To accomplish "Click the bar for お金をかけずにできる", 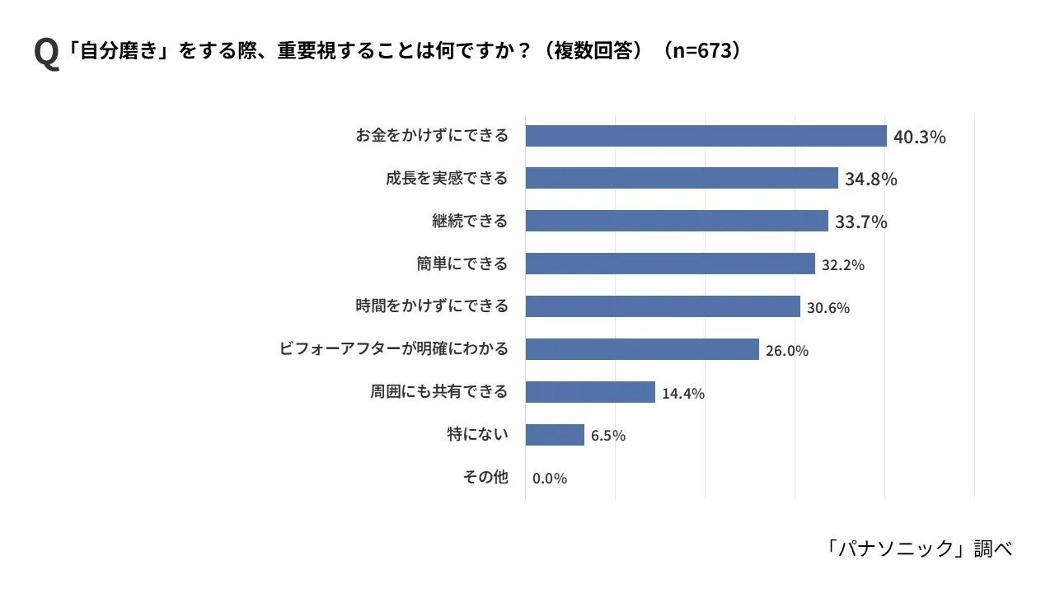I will (706, 136).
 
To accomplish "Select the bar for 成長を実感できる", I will (682, 178).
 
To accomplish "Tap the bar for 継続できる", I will (677, 221).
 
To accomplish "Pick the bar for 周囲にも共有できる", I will (590, 391).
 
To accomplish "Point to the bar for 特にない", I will (555, 434).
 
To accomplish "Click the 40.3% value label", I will (919, 137).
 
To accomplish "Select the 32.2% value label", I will (842, 265).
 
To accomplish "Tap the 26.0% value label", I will (786, 351).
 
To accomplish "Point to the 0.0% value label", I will (550, 479).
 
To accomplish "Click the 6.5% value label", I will (607, 436).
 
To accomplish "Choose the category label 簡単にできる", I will (462, 264).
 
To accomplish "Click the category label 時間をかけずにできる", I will (432, 306).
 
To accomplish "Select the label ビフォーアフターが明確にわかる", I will (394, 348).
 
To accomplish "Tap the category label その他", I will (485, 477).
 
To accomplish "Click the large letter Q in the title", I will (46, 54).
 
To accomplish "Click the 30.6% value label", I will (828, 308).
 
